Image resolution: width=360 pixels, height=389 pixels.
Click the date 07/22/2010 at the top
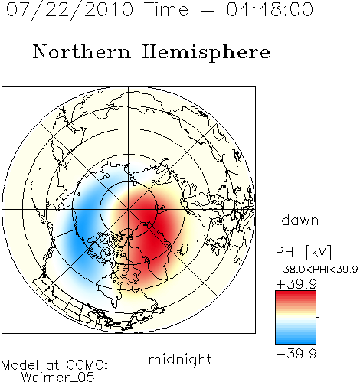click(70, 10)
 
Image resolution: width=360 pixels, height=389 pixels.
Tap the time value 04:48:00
click(270, 9)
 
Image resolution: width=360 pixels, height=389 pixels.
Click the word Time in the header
click(166, 9)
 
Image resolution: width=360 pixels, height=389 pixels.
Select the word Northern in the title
click(82, 51)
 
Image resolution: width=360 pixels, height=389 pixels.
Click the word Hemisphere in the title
click(206, 53)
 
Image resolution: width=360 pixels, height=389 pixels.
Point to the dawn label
click(300, 220)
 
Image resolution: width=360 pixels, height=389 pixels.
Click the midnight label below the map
click(180, 360)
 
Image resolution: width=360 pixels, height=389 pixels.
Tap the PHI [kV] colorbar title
click(303, 252)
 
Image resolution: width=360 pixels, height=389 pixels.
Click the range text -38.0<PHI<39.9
click(316, 270)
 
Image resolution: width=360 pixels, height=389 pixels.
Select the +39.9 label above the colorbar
click(296, 284)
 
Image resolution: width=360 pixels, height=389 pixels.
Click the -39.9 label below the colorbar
click(296, 354)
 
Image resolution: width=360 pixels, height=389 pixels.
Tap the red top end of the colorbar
click(296, 293)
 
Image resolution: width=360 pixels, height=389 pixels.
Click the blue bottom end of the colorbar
click(296, 342)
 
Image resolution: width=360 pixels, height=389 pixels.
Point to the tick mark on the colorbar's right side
click(318, 317)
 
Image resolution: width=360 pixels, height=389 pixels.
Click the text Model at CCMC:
click(54, 365)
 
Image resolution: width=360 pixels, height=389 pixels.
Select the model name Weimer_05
click(58, 378)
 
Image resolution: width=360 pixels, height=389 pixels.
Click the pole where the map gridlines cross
click(129, 209)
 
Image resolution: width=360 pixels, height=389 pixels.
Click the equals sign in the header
click(208, 10)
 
